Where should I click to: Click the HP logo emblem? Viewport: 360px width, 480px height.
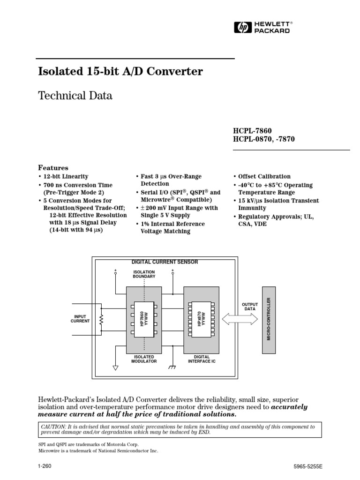[242, 28]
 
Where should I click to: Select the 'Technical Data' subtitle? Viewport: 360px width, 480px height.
[75, 96]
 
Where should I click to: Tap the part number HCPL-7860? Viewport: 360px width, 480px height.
[252, 130]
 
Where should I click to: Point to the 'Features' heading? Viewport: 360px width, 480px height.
[53, 168]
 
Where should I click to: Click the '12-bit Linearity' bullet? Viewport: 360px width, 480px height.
[65, 176]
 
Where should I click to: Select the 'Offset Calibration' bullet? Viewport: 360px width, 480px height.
[264, 176]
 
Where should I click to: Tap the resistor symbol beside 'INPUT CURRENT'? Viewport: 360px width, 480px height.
[100, 321]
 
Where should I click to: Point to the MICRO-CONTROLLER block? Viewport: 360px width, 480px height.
[269, 319]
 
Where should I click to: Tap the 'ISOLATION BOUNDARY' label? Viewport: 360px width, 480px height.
[144, 274]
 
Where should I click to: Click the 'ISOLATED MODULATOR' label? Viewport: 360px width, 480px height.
[144, 359]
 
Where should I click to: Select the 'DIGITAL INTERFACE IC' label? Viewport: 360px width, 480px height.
[201, 359]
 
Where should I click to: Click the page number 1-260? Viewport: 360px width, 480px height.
[45, 466]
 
